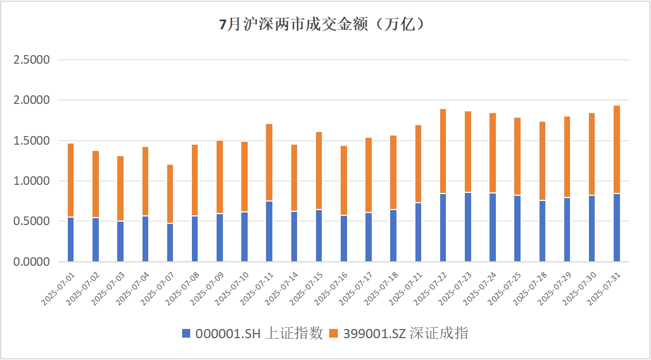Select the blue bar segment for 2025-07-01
[x=71, y=239]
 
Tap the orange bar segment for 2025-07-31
[x=617, y=149]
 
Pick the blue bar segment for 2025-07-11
[x=269, y=231]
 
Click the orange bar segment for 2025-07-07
[x=170, y=194]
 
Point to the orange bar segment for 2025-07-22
[x=443, y=151]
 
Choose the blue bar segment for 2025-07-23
[x=468, y=227]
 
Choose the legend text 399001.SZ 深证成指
[x=406, y=334]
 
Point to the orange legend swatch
[x=334, y=334]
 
